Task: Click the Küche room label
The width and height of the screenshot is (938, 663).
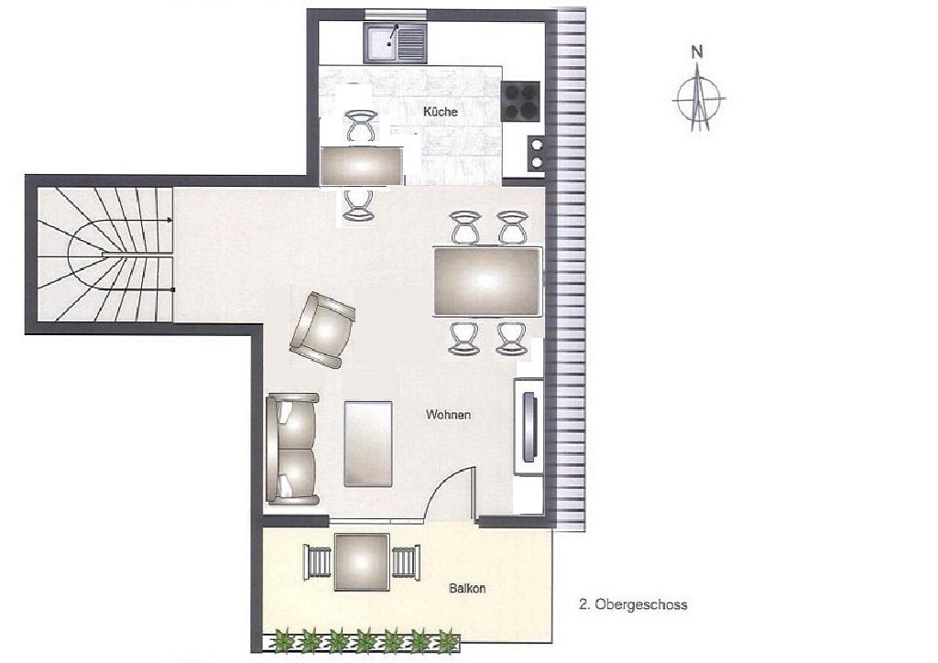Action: click(x=441, y=112)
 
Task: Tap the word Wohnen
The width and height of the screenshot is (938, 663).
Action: click(x=448, y=414)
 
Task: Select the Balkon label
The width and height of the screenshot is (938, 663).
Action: click(x=467, y=588)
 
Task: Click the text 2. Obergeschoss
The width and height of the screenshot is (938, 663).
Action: click(x=633, y=604)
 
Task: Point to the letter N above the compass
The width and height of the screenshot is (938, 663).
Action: click(x=697, y=52)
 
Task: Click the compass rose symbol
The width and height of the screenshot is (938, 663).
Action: click(x=698, y=97)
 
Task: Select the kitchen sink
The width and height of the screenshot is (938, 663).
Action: click(x=396, y=42)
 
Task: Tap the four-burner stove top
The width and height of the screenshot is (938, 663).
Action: click(x=520, y=101)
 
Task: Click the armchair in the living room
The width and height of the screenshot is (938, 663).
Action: click(x=322, y=330)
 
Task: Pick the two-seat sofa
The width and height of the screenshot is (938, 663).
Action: click(x=292, y=449)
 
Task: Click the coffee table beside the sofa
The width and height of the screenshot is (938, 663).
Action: click(x=368, y=443)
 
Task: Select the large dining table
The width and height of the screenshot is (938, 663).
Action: click(x=487, y=281)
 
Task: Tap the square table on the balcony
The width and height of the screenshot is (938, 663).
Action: click(x=362, y=562)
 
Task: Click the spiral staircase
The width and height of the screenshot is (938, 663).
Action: click(x=105, y=254)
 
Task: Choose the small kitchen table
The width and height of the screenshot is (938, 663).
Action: click(x=362, y=166)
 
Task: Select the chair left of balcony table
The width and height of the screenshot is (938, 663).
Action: click(x=317, y=562)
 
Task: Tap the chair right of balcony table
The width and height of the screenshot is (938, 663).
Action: click(x=406, y=562)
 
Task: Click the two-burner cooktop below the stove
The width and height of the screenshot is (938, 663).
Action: click(x=535, y=153)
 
